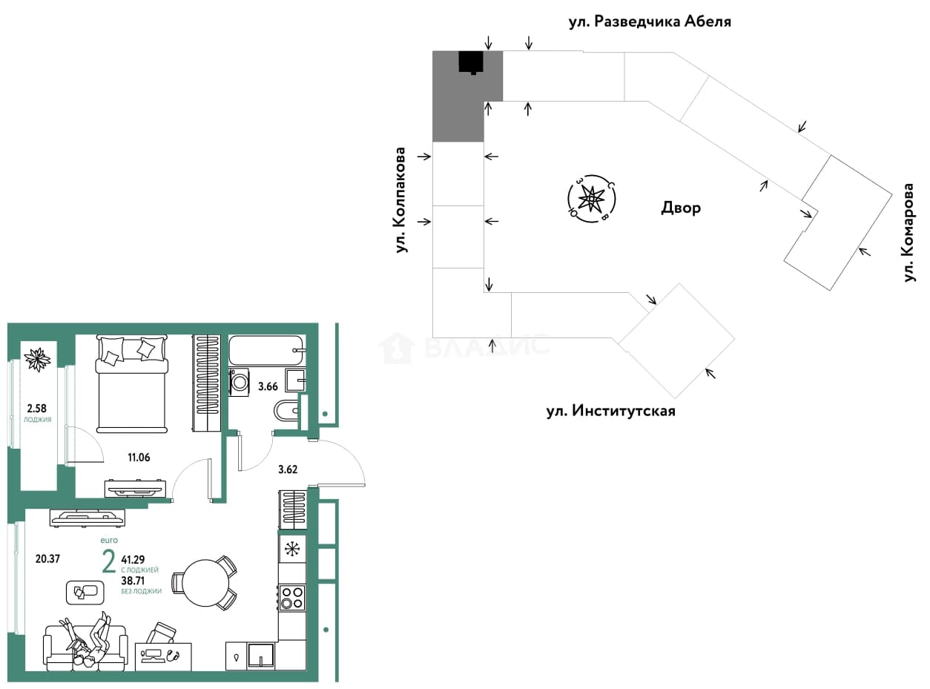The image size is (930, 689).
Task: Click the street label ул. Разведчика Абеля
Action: click(x=650, y=22)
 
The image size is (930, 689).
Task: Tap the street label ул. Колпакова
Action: click(x=401, y=200)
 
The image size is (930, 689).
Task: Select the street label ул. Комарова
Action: click(x=908, y=233)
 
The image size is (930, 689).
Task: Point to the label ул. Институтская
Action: click(x=610, y=411)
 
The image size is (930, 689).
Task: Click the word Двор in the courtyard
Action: click(x=681, y=207)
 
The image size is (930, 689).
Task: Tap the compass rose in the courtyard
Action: click(x=591, y=199)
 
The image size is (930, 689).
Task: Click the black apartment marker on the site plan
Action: click(x=471, y=63)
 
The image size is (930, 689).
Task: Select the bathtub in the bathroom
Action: click(x=267, y=350)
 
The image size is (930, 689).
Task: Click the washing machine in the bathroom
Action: click(x=240, y=382)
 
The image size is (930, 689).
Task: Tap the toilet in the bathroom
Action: click(x=287, y=409)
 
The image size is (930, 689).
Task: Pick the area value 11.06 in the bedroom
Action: click(x=139, y=457)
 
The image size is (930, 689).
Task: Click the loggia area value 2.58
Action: click(x=37, y=408)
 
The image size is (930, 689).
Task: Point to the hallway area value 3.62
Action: click(x=288, y=469)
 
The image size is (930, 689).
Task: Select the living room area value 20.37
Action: click(x=47, y=558)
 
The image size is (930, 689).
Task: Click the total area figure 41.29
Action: click(x=133, y=559)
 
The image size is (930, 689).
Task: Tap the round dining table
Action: click(x=206, y=583)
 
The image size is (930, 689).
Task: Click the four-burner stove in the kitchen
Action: click(x=292, y=598)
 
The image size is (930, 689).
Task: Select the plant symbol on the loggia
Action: click(x=37, y=360)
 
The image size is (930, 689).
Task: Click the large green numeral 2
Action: click(x=109, y=561)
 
